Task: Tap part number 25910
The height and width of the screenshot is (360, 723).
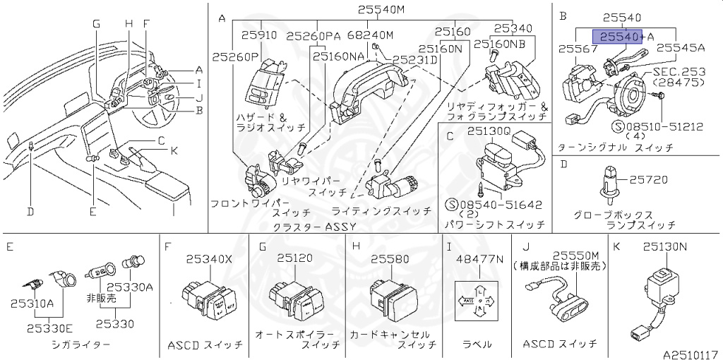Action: (x=259, y=34)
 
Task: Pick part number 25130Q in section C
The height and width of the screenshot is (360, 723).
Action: (x=487, y=131)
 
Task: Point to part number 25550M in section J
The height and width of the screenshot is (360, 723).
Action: (x=575, y=255)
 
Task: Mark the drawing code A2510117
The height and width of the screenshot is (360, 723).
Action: (x=690, y=353)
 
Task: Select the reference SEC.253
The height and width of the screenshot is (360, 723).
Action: (x=679, y=72)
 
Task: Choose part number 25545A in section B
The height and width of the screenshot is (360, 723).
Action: (x=681, y=48)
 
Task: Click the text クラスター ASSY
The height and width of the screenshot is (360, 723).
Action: (x=314, y=226)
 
